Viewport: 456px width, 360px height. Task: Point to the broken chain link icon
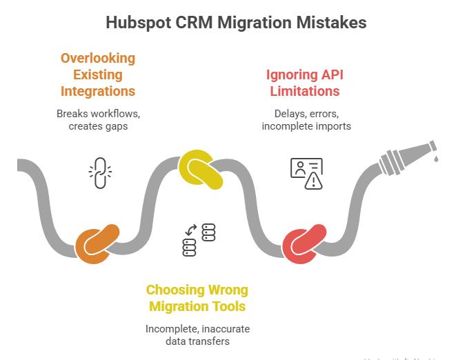101,172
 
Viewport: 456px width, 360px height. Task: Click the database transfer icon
199,239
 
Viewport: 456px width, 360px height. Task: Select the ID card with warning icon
307,172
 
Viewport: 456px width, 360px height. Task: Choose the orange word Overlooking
97,58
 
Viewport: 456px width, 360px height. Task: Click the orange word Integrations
97,90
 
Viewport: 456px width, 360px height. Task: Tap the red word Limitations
305,90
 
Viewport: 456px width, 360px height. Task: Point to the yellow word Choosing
176,290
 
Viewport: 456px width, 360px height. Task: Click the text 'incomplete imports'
306,126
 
